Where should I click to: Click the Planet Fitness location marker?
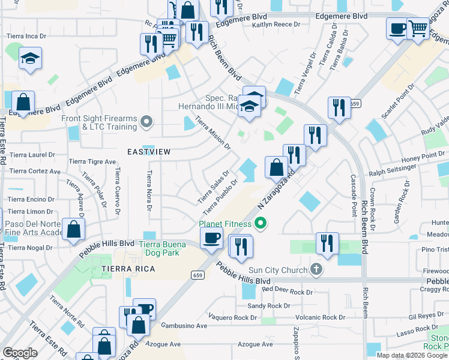point(260,224)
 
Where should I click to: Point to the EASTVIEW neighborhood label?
point(149,152)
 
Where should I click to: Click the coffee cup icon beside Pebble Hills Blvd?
point(211,238)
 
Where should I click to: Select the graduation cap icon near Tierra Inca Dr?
point(30,59)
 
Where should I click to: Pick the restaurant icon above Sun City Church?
point(327,243)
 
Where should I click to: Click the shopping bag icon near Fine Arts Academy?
point(73,230)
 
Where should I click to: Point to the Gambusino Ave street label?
point(184,325)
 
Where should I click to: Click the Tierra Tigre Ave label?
point(92,161)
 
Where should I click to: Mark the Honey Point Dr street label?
point(418,155)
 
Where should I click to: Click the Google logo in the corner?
point(20,353)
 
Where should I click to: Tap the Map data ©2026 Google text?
point(412,355)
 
